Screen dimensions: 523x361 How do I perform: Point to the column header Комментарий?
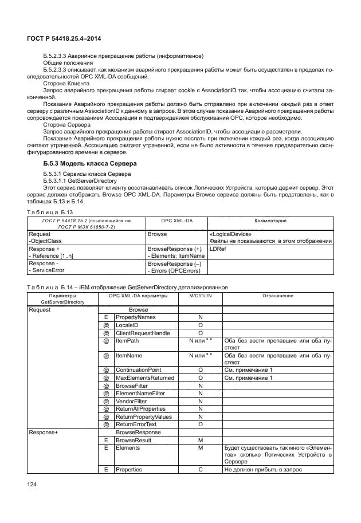tap(270, 221)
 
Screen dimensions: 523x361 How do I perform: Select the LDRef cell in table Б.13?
tap(218, 249)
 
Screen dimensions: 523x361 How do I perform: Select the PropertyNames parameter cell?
tap(136, 317)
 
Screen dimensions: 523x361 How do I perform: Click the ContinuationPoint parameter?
tap(139, 370)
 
